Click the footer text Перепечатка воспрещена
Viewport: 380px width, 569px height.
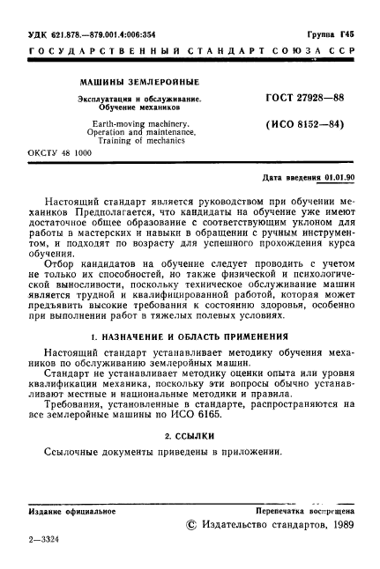point(304,511)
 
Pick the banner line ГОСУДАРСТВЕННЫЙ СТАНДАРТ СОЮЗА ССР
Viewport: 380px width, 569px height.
point(190,53)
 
